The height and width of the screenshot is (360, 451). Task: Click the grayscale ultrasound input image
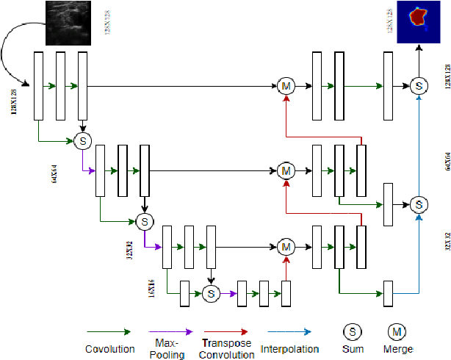(66, 24)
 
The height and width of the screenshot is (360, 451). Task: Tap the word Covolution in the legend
(109, 349)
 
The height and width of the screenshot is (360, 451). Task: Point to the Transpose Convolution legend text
(225, 348)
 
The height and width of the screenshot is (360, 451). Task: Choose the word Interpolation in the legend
(290, 349)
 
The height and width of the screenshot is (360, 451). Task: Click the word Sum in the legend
(353, 349)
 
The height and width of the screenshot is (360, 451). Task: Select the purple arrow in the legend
(170, 332)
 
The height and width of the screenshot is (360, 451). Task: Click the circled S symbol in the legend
(353, 331)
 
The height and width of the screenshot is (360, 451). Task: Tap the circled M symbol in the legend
(397, 331)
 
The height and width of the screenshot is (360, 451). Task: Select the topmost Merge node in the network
(286, 87)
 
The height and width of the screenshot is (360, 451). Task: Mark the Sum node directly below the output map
(419, 87)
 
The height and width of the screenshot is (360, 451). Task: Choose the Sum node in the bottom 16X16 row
(211, 293)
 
